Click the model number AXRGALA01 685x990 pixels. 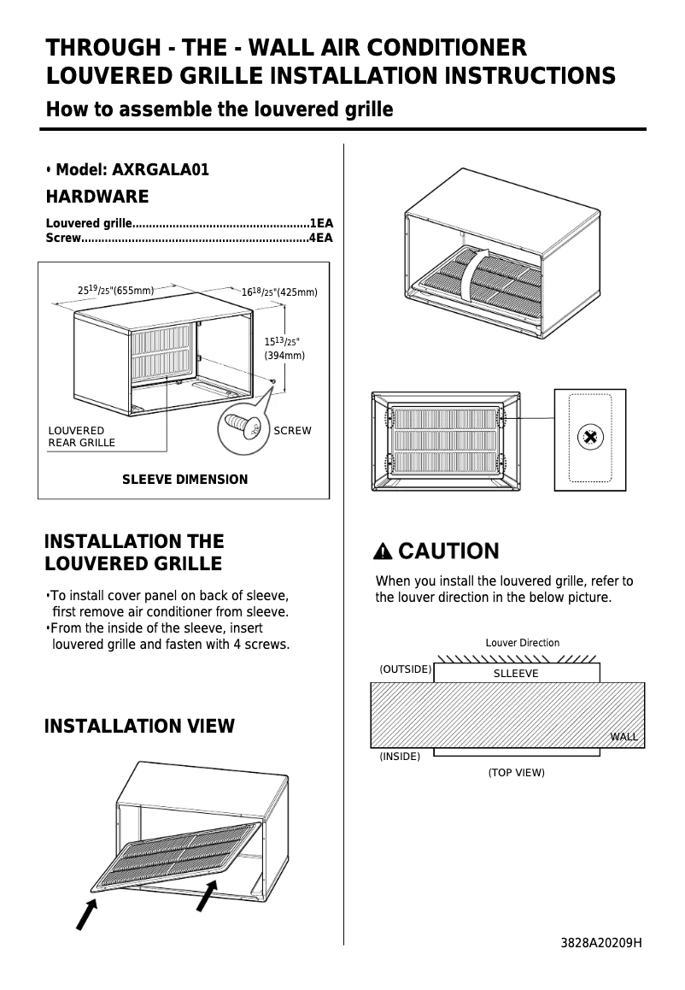pos(161,169)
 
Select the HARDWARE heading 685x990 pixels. pos(97,197)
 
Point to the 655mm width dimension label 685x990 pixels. pos(115,291)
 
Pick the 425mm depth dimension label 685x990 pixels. pos(279,292)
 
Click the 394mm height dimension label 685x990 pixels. pos(284,355)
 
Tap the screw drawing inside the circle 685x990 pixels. pos(243,425)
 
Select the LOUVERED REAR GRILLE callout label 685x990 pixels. pos(81,436)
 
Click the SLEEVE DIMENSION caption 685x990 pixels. pos(184,480)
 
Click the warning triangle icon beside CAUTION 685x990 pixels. pos(384,551)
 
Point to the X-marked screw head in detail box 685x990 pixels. pos(589,438)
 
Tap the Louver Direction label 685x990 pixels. pos(523,643)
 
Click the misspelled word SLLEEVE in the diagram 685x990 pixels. pos(516,674)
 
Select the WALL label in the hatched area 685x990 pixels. pos(624,736)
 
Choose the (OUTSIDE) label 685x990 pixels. pos(405,669)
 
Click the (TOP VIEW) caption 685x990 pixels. pos(516,773)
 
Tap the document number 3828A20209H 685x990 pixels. pos(601,943)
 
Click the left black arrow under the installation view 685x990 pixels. pos(86,912)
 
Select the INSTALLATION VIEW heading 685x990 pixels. pos(139,727)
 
